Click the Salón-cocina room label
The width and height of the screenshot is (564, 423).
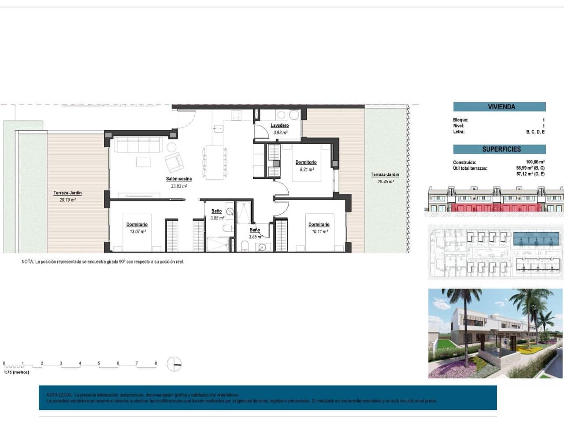(x=178, y=179)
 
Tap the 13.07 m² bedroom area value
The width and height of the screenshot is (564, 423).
(x=137, y=231)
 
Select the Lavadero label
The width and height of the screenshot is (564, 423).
(x=279, y=126)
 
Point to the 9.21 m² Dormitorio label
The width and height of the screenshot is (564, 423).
(x=306, y=163)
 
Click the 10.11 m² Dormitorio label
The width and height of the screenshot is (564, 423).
(x=319, y=225)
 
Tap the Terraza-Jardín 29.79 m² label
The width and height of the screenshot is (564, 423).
(x=67, y=193)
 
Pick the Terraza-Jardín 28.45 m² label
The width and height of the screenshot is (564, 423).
(x=385, y=175)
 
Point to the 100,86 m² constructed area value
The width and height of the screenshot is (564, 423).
(x=535, y=162)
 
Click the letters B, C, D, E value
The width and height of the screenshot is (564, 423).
(x=535, y=132)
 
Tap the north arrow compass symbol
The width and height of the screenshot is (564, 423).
(x=174, y=364)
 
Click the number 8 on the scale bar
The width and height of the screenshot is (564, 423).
(x=156, y=364)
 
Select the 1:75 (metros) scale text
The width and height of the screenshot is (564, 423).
(x=16, y=372)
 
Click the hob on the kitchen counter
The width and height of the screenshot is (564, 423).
(x=236, y=115)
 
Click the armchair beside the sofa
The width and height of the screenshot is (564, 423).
(x=174, y=163)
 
